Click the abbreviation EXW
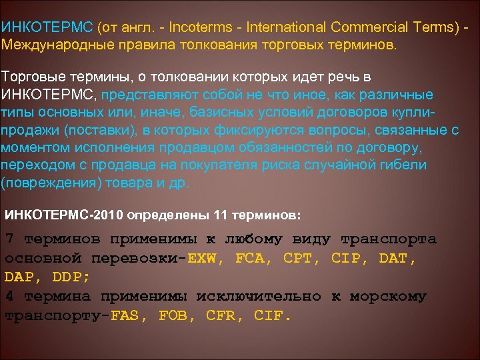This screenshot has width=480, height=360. (207, 258)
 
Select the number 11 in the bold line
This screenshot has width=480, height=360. (221, 216)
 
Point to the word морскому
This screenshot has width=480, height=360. (393, 296)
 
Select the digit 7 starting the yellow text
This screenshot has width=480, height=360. (9, 239)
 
